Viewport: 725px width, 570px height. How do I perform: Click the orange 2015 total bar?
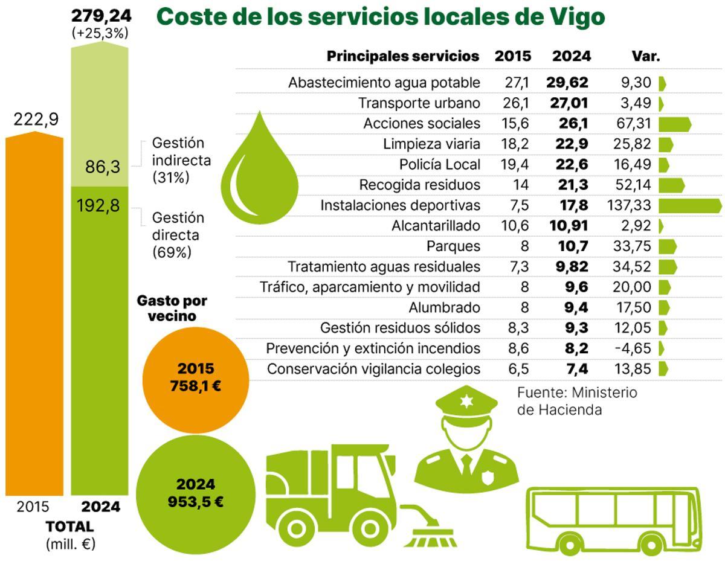34,314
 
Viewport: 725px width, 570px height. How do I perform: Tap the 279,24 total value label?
100,14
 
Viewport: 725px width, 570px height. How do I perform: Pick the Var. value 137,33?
628,205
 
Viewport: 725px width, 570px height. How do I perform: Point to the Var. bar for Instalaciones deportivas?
689,205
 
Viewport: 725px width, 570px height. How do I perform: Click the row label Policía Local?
440,164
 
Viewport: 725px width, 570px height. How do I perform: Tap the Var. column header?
646,57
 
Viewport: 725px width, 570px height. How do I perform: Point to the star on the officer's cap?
466,402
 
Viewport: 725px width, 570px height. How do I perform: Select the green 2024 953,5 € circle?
196,493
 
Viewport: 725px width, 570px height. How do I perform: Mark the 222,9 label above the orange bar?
36,120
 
